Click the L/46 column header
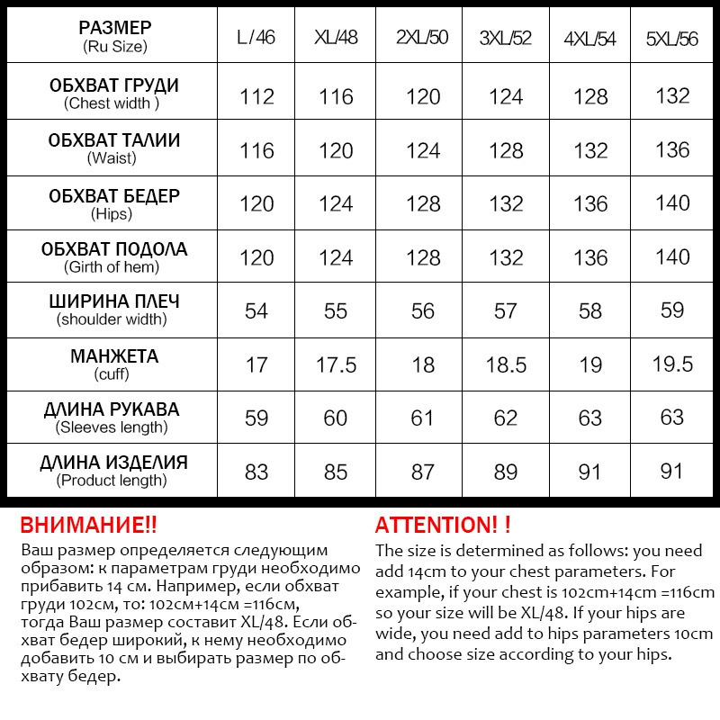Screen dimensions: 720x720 [x=256, y=38]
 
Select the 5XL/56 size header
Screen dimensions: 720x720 [x=672, y=39]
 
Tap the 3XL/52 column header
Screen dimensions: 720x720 [x=505, y=38]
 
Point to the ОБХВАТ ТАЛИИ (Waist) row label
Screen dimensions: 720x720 [x=113, y=148]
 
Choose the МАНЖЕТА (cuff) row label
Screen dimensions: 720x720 [x=113, y=364]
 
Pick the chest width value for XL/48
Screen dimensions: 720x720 [x=336, y=96]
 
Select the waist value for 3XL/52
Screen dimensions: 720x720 [x=505, y=150]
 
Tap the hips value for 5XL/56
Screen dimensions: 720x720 [x=672, y=203]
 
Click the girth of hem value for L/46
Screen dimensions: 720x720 [x=256, y=257]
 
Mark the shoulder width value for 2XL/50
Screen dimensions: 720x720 [x=422, y=310]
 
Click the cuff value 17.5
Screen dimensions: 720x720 [x=336, y=364]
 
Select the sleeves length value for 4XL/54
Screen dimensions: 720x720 [x=590, y=418]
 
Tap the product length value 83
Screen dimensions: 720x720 [x=256, y=472]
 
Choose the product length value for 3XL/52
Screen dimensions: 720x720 [x=505, y=472]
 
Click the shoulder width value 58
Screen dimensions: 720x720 [x=590, y=310]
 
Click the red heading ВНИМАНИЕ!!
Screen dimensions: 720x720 [x=88, y=525]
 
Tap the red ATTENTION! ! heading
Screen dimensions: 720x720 [x=443, y=525]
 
